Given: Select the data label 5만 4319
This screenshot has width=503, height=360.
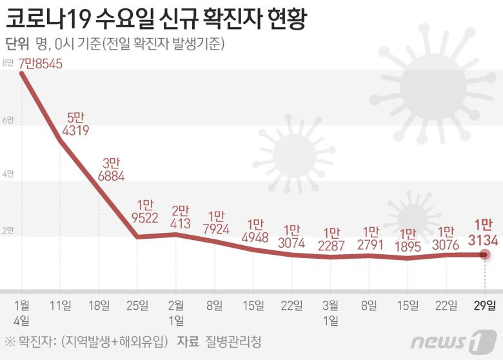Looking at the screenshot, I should pyautogui.click(x=75, y=124).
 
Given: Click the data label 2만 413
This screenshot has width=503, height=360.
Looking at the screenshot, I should pyautogui.click(x=181, y=217).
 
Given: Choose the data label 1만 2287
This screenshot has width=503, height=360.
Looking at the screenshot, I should pyautogui.click(x=331, y=239).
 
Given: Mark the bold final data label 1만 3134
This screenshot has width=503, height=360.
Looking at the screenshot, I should pyautogui.click(x=484, y=232).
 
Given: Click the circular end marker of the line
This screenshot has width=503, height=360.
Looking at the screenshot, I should pyautogui.click(x=486, y=255).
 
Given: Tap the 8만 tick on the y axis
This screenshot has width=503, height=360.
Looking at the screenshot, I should pyautogui.click(x=8, y=63).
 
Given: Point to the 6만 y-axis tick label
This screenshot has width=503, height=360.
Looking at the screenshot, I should pyautogui.click(x=8, y=120).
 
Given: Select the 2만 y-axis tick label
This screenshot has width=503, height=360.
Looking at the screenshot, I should pyautogui.click(x=8, y=230).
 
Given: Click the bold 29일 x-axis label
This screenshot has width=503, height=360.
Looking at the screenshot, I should pyautogui.click(x=486, y=305).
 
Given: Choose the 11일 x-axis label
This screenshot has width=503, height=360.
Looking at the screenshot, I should pyautogui.click(x=62, y=305).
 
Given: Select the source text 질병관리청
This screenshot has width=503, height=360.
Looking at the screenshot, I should pyautogui.click(x=235, y=340).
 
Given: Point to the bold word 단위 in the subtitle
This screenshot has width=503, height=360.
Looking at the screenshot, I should pyautogui.click(x=17, y=44).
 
